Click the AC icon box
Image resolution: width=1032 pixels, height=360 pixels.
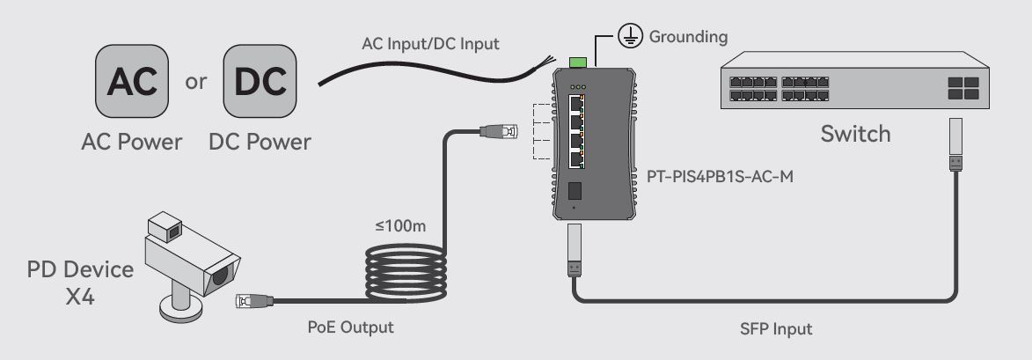[132, 81]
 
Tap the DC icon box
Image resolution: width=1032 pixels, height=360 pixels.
[260, 81]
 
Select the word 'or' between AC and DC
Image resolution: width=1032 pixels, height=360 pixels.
[195, 82]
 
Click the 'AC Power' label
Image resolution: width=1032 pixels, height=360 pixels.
[132, 142]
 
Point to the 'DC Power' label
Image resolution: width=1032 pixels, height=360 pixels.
[260, 142]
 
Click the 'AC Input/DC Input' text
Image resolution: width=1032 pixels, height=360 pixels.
[430, 44]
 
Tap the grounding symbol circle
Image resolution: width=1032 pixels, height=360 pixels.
[630, 35]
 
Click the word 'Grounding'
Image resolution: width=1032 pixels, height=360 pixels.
[688, 37]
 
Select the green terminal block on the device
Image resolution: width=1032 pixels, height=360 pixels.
[578, 62]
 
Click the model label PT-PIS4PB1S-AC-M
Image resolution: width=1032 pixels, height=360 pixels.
[720, 176]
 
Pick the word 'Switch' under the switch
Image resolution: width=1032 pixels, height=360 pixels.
[856, 134]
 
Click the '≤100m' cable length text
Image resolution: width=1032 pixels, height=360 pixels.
[401, 226]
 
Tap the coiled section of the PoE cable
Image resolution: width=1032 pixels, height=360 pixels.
[406, 273]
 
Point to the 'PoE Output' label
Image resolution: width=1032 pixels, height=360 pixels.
[351, 327]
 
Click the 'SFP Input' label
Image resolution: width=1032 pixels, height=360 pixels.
[776, 329]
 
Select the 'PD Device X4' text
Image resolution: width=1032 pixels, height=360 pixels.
[80, 283]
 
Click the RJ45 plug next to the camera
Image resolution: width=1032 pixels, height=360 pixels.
[254, 301]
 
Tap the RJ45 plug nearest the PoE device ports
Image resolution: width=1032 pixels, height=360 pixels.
[500, 132]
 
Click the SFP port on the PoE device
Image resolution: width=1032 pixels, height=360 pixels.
[574, 191]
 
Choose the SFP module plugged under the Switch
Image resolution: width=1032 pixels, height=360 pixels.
[955, 144]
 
